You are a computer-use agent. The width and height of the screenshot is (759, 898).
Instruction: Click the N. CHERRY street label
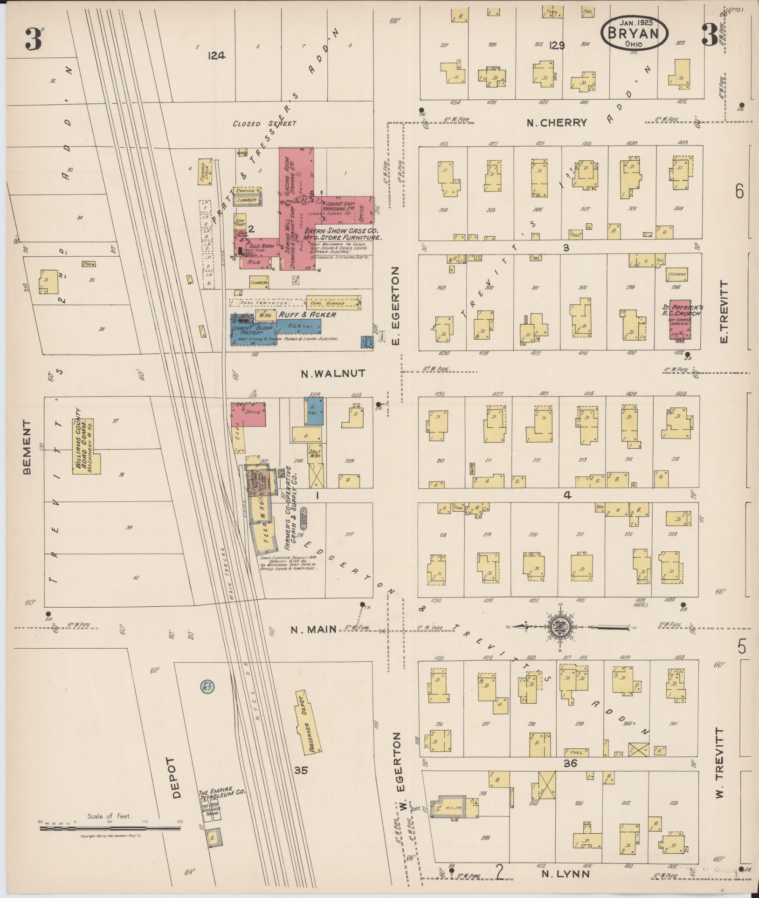point(556,123)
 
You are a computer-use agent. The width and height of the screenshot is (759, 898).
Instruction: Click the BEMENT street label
point(27,447)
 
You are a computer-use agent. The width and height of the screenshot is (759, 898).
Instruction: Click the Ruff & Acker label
point(307,315)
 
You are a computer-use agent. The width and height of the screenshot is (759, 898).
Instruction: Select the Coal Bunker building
point(333,303)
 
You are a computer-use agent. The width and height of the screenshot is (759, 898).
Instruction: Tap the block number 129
point(557,45)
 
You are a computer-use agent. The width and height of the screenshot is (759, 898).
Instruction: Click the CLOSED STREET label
point(265,123)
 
